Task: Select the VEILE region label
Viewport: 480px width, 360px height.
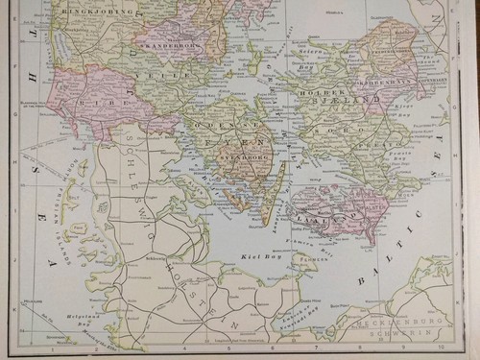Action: point(153,73)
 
